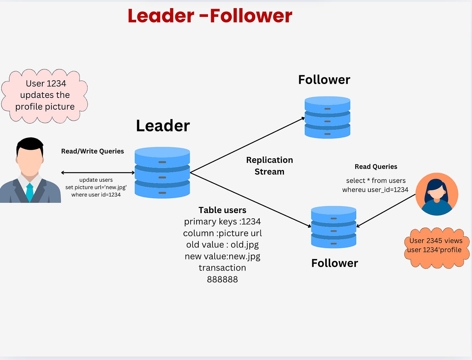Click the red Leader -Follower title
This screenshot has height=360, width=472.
tap(210, 16)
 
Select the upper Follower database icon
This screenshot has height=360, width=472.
tap(327, 117)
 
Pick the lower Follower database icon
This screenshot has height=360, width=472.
tap(334, 227)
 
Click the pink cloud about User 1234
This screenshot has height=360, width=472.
tap(45, 95)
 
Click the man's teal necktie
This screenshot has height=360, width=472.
tap(29, 193)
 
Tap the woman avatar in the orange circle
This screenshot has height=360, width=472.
tap(437, 194)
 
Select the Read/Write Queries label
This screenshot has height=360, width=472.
tap(92, 151)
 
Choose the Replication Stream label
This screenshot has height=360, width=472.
tap(269, 166)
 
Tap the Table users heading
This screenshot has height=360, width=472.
tap(222, 210)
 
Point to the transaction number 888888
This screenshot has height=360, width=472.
tap(222, 279)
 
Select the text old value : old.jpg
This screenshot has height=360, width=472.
tap(222, 245)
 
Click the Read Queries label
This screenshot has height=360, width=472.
tap(376, 167)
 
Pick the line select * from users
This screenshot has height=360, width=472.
tap(376, 181)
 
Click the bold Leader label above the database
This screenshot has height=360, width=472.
tap(163, 126)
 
